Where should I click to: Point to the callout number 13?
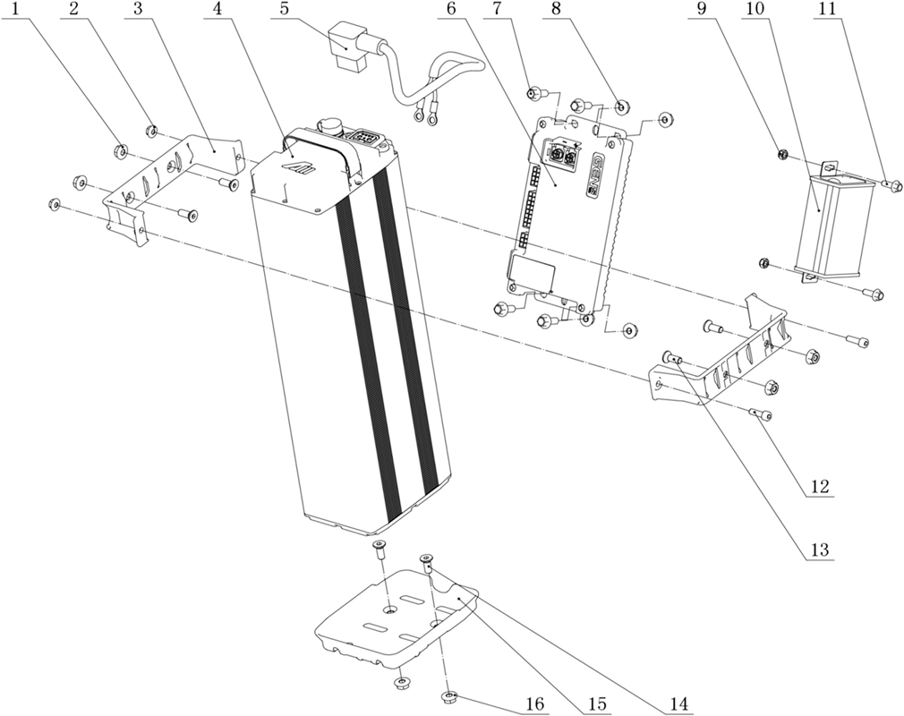820,549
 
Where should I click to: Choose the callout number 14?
679,705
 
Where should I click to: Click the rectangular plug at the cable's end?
345,47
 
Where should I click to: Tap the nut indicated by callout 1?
122,151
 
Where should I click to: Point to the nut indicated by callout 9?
782,154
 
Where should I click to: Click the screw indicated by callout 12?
761,413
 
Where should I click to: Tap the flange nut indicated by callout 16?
449,697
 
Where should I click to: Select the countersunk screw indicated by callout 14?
427,563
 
